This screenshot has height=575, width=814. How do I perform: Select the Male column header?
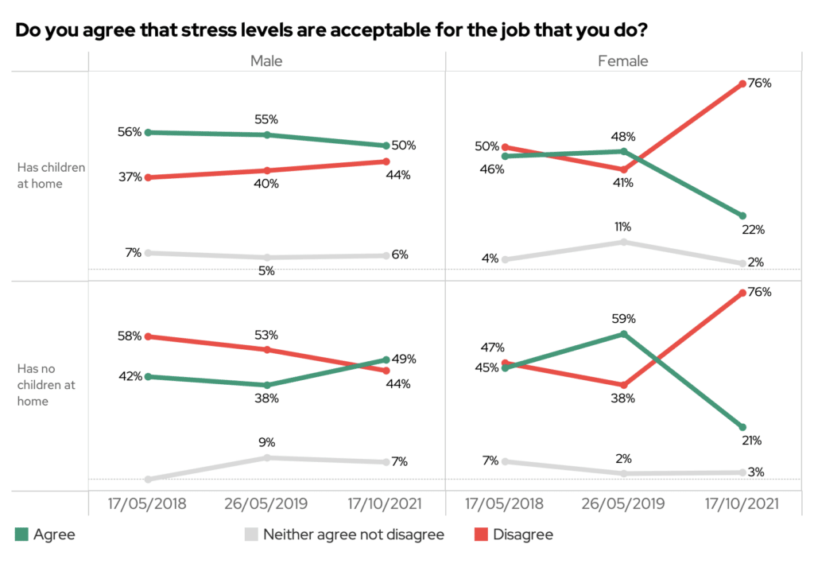pyautogui.click(x=266, y=61)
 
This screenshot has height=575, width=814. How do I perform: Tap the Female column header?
pyautogui.click(x=622, y=61)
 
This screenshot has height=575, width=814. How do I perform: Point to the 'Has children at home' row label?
pyautogui.click(x=51, y=176)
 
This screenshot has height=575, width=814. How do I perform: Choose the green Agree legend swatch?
pyautogui.click(x=21, y=534)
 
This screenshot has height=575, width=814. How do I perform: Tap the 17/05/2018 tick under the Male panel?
pyautogui.click(x=147, y=504)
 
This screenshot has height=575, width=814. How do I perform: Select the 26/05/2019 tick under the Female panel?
pyautogui.click(x=623, y=504)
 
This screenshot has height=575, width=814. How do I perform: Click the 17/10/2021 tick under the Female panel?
pyautogui.click(x=741, y=504)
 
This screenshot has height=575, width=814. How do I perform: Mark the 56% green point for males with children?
pyautogui.click(x=148, y=132)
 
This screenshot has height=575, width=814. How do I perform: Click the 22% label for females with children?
pyautogui.click(x=753, y=230)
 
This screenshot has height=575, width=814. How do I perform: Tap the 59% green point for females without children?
pyautogui.click(x=624, y=334)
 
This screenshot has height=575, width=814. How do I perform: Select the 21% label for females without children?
pyautogui.click(x=752, y=440)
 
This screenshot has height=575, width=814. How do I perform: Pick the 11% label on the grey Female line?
pyautogui.click(x=623, y=227)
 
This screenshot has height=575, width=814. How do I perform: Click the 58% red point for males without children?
pyautogui.click(x=148, y=336)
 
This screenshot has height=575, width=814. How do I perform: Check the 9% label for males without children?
pyautogui.click(x=266, y=442)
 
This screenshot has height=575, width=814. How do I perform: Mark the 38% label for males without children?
pyautogui.click(x=266, y=398)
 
